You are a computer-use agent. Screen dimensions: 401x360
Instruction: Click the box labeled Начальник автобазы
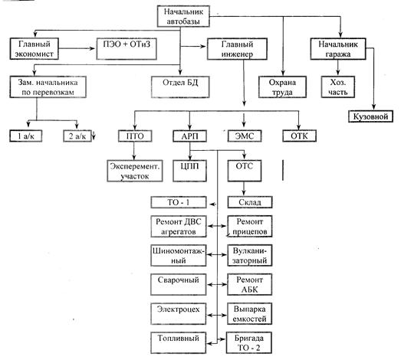click(x=183, y=16)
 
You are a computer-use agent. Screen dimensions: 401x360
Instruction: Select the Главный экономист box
click(x=35, y=49)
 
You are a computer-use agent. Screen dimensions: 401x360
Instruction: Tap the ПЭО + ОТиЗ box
click(x=127, y=49)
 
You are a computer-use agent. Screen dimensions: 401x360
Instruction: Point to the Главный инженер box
click(x=237, y=49)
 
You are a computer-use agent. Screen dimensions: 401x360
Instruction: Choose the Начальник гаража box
click(x=338, y=49)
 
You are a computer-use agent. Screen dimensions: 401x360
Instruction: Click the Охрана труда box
click(x=282, y=87)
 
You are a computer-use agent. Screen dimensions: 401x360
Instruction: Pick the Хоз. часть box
click(x=338, y=87)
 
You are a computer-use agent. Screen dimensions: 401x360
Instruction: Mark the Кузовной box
click(x=370, y=116)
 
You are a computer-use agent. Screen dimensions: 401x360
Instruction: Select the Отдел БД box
click(x=180, y=87)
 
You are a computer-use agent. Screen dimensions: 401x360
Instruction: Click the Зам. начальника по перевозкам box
click(x=48, y=87)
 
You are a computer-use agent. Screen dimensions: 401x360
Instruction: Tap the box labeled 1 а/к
click(x=26, y=136)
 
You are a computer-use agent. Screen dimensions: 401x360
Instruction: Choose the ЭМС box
click(x=245, y=136)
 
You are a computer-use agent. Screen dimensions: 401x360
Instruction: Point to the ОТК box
click(x=299, y=136)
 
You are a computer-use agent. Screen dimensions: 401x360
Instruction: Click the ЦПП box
click(x=189, y=171)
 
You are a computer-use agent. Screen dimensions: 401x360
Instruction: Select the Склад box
click(x=250, y=202)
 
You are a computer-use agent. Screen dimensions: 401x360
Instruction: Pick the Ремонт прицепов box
click(x=250, y=227)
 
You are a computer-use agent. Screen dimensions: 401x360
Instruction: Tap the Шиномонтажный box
click(x=179, y=256)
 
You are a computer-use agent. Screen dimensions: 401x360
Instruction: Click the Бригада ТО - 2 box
click(x=249, y=342)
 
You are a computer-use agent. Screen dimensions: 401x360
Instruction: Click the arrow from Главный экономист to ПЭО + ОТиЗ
click(x=77, y=48)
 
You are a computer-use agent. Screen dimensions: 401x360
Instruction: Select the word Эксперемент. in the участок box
click(x=135, y=166)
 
